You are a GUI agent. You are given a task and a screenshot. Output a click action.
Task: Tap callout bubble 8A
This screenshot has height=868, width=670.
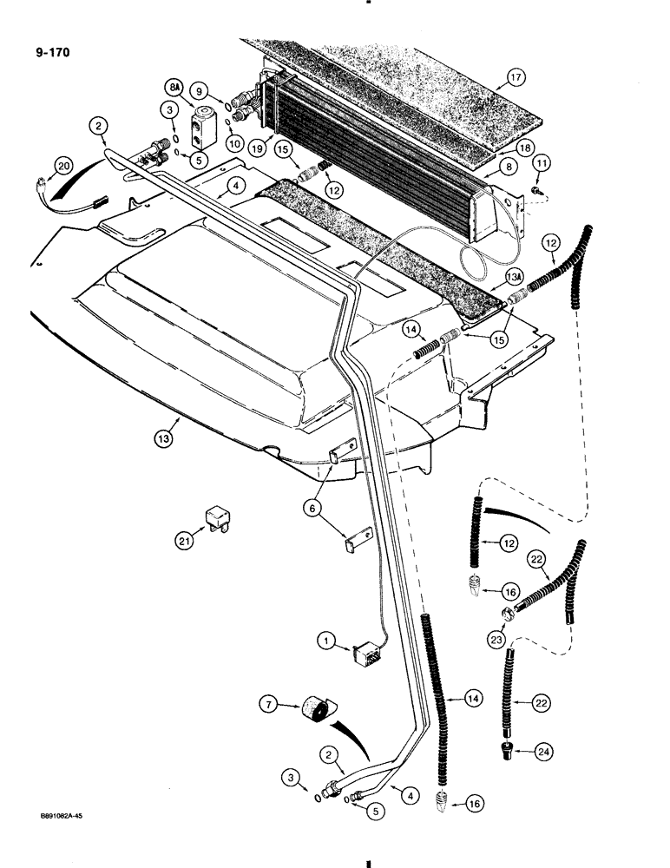coord(173,88)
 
